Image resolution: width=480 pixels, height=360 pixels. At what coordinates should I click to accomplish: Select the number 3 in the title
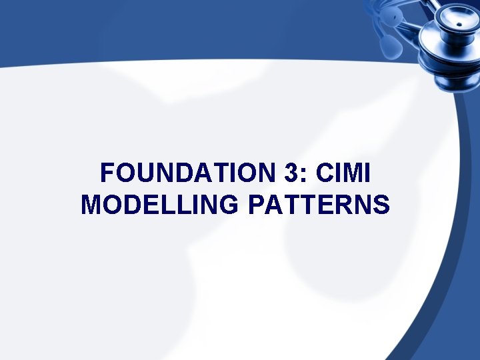click(290, 175)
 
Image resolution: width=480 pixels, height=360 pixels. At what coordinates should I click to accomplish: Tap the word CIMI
click(343, 175)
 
